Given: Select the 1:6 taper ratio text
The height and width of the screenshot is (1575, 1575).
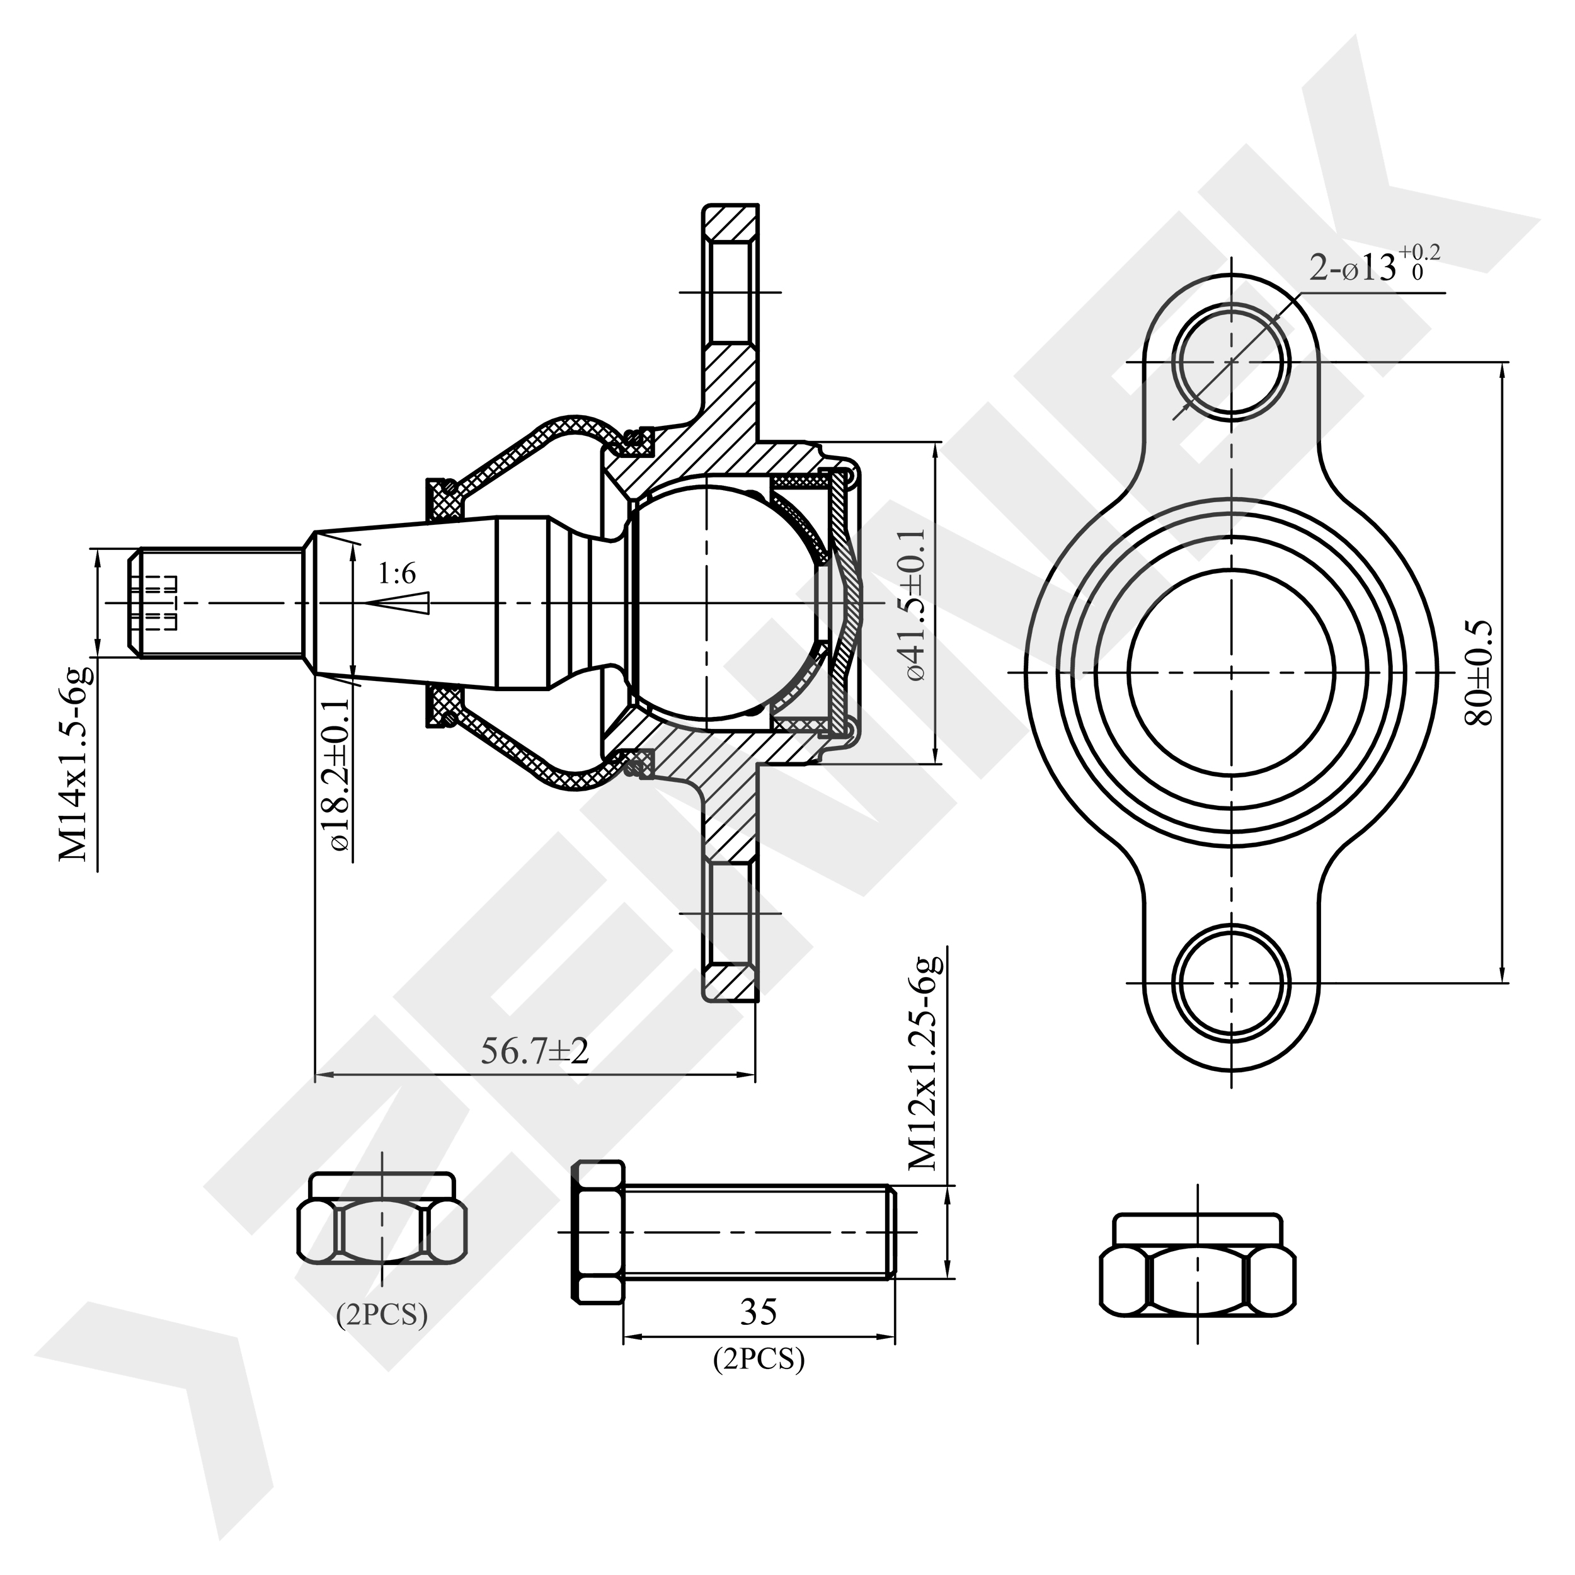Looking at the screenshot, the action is (396, 575).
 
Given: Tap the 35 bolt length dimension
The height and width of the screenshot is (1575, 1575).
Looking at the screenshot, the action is (758, 1312).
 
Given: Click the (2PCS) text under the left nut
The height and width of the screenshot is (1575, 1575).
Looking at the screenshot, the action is (382, 1314).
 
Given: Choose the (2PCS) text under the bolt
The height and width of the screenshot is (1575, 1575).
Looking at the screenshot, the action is (758, 1359).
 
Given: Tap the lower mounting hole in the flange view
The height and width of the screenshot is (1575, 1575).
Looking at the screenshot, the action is (1231, 982).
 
